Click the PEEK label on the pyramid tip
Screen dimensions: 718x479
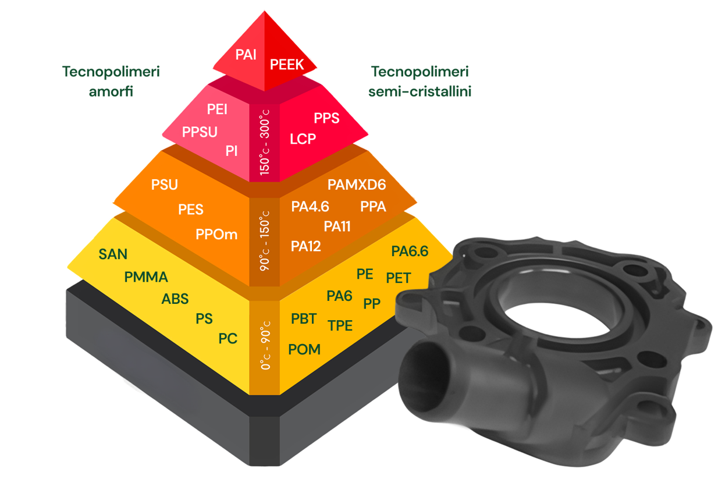[286, 65]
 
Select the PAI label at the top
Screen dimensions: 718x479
[246, 55]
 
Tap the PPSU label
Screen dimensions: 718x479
[200, 132]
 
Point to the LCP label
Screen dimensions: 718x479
[303, 139]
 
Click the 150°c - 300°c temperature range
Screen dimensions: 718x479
[265, 143]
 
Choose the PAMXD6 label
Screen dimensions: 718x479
[357, 184]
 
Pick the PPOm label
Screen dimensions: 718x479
[216, 235]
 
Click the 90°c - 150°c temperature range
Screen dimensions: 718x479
[265, 241]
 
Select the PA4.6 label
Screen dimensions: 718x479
[310, 207]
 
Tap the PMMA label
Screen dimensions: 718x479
[146, 277]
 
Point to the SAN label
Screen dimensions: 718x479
[113, 254]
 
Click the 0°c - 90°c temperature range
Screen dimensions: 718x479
[265, 345]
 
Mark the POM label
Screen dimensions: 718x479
[304, 349]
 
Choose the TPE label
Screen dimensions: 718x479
[340, 326]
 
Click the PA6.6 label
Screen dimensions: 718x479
[410, 251]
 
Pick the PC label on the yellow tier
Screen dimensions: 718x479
[228, 339]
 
